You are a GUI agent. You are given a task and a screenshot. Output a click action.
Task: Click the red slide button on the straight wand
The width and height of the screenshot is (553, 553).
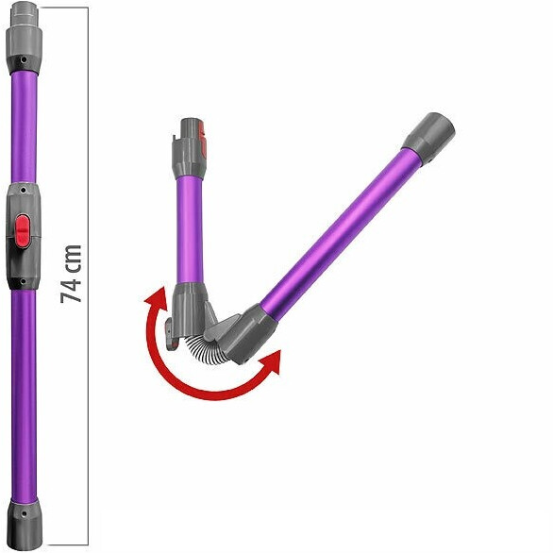23,231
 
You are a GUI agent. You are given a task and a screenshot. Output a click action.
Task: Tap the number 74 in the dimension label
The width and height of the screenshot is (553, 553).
71,288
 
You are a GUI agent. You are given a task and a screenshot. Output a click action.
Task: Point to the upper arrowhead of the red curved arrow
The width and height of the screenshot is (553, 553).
157,299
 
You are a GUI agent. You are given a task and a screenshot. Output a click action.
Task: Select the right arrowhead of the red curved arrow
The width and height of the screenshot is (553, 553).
271,361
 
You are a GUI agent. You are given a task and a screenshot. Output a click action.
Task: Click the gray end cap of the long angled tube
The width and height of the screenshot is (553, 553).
428,137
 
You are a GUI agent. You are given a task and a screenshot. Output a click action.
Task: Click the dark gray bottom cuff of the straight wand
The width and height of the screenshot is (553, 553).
24,525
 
